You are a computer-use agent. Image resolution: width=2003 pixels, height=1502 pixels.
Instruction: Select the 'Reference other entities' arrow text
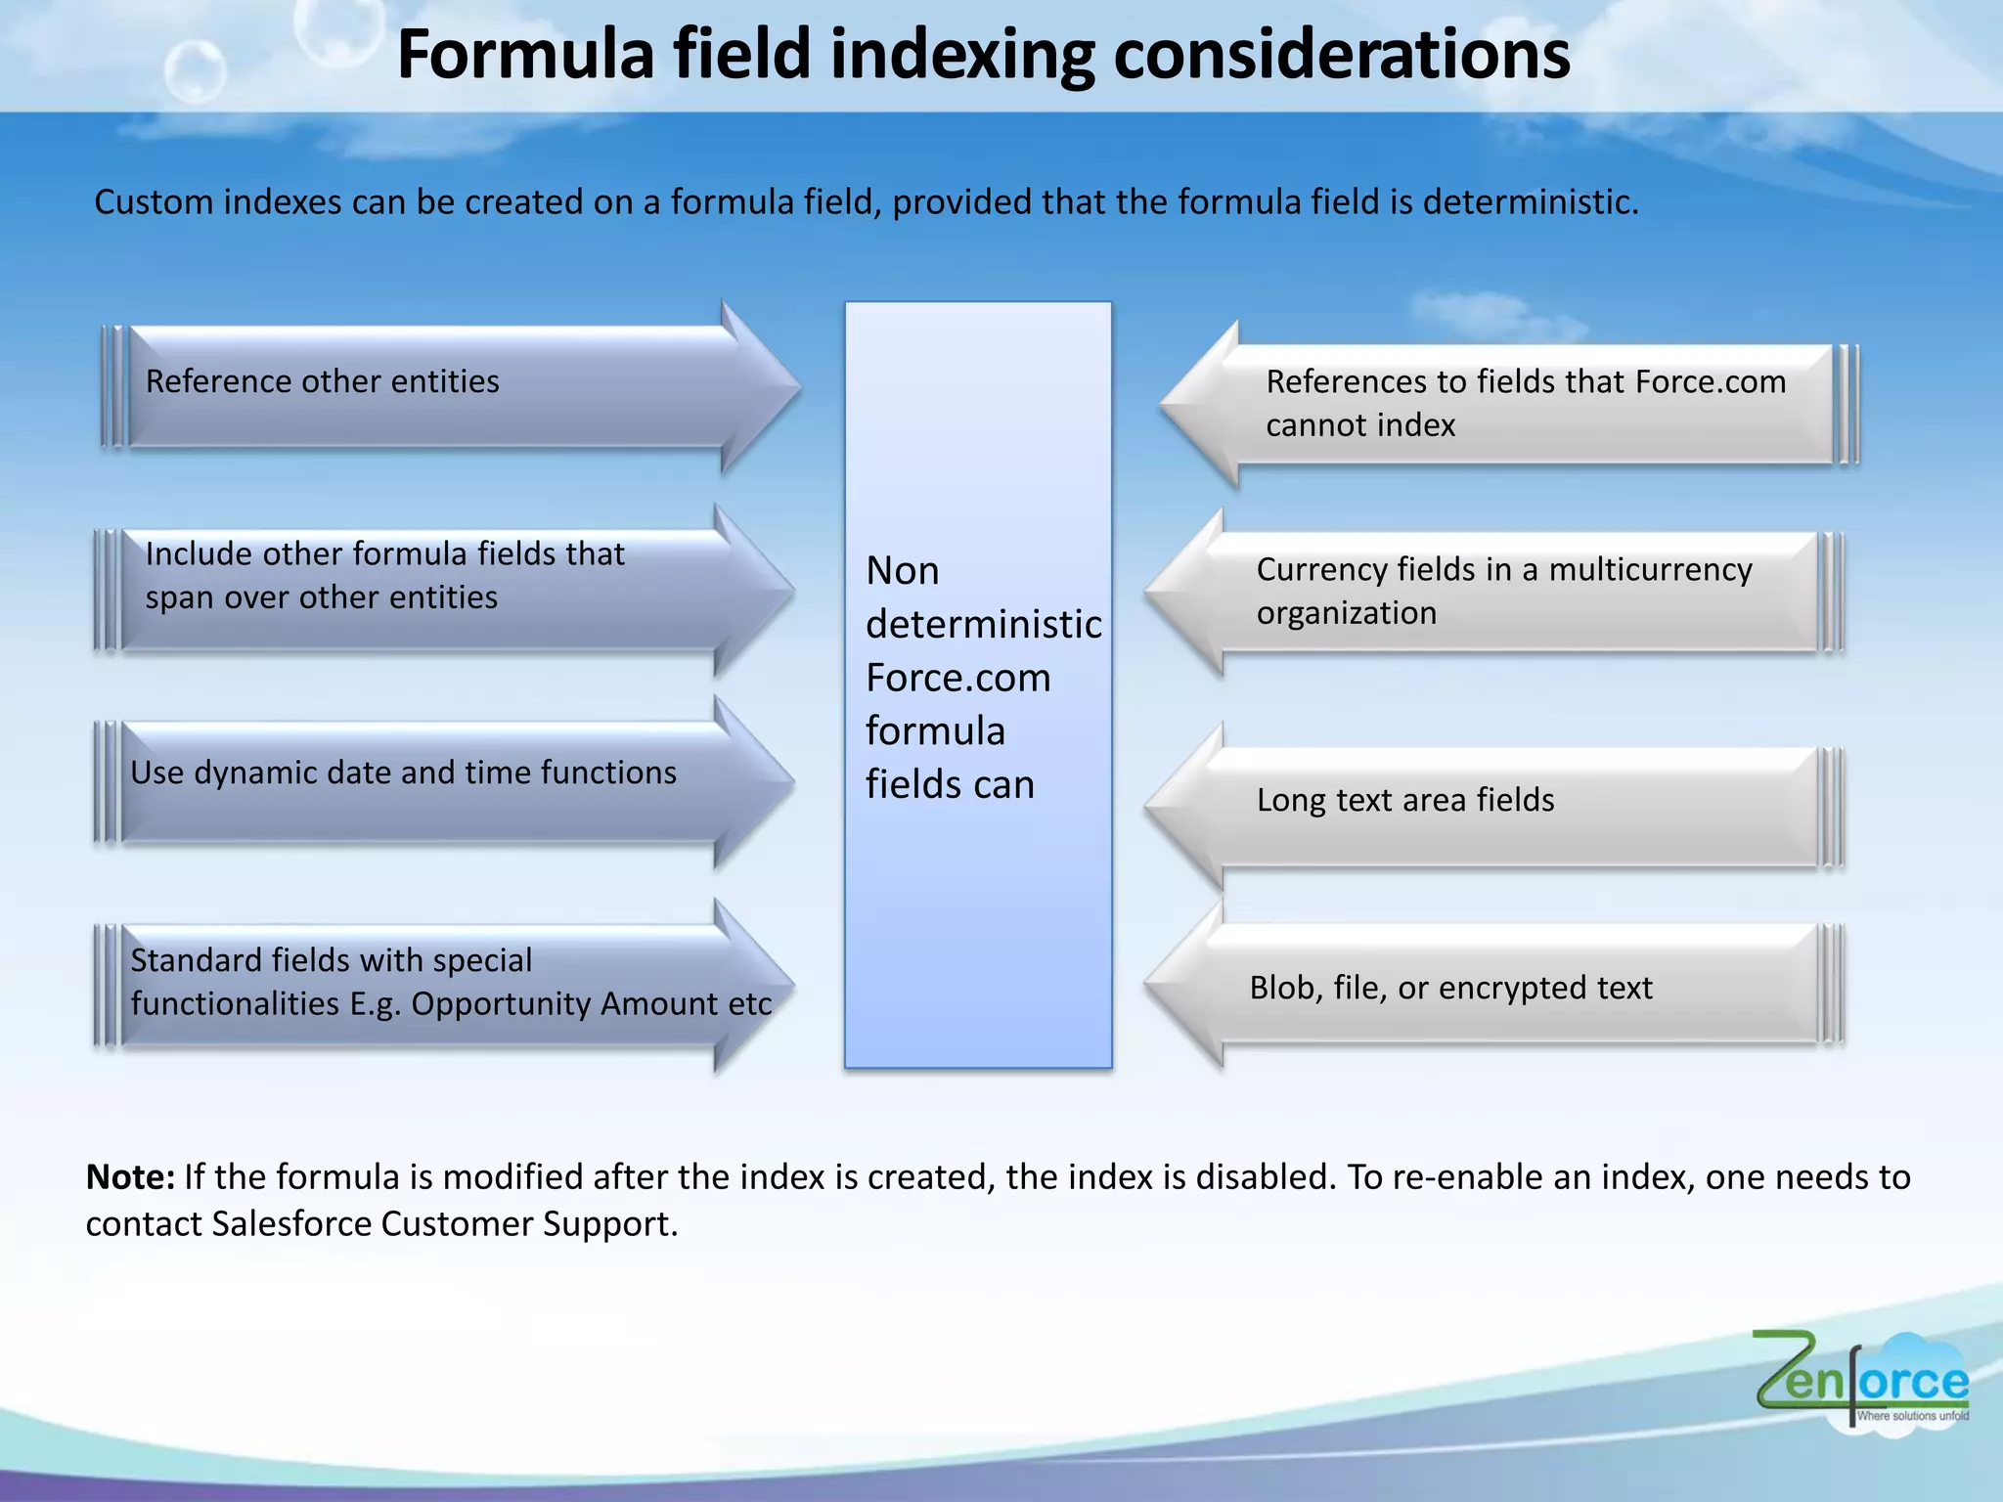(x=322, y=381)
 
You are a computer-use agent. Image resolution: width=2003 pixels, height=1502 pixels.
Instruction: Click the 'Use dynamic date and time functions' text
(x=403, y=773)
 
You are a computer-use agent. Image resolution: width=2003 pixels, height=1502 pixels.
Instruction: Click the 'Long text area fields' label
(x=1405, y=800)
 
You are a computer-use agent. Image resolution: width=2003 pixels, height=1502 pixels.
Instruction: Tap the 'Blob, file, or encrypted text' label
(x=1450, y=988)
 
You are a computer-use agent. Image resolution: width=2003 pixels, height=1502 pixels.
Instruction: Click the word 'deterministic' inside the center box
(x=983, y=624)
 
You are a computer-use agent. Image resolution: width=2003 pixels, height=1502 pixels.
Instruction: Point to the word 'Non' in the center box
(x=902, y=571)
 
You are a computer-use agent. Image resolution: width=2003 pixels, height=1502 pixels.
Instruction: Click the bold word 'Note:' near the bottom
(x=130, y=1176)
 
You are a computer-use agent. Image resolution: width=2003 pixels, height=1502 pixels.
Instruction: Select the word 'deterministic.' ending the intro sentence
(x=1530, y=202)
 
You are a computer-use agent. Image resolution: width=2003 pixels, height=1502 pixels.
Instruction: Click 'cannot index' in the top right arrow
(x=1360, y=425)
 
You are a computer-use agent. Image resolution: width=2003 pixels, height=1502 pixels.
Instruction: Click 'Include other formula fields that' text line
(x=384, y=554)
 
